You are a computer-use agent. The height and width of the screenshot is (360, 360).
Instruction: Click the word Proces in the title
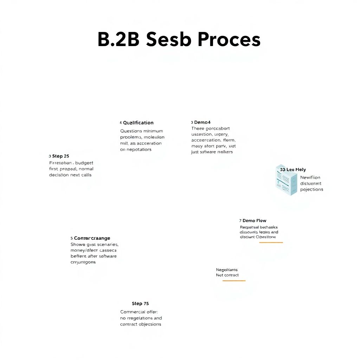(x=229, y=39)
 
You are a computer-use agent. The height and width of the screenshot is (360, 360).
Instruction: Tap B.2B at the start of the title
(x=118, y=39)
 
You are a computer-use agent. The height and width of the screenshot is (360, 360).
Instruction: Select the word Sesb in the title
(x=168, y=39)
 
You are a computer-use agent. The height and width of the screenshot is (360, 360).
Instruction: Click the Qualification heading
(x=138, y=123)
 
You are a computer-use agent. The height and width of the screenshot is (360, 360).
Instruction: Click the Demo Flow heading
(x=254, y=220)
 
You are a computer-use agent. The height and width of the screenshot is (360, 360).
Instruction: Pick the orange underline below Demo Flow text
(x=271, y=243)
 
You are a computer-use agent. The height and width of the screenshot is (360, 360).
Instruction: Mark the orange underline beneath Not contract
(x=234, y=281)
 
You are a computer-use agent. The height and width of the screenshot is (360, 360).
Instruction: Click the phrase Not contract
(x=227, y=275)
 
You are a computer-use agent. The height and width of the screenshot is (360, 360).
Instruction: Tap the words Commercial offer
(x=139, y=312)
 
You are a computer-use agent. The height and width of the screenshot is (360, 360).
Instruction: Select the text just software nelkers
(x=212, y=152)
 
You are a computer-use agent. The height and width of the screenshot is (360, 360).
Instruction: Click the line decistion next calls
(x=70, y=175)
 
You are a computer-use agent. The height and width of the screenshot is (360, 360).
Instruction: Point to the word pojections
(x=311, y=189)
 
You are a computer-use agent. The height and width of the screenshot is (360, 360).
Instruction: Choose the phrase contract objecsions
(x=141, y=324)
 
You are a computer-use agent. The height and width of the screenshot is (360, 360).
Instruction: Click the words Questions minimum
(x=142, y=131)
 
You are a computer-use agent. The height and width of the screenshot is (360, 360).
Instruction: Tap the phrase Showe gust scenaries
(x=95, y=244)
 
